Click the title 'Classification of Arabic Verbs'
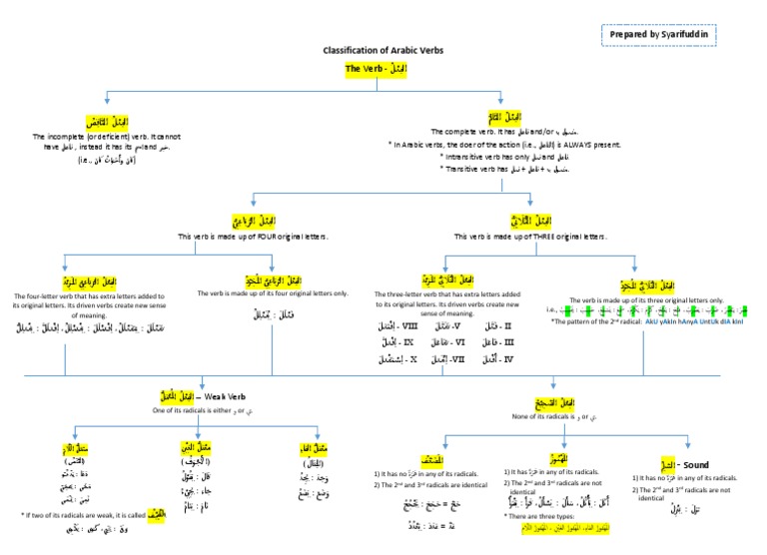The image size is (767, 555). point(383,50)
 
